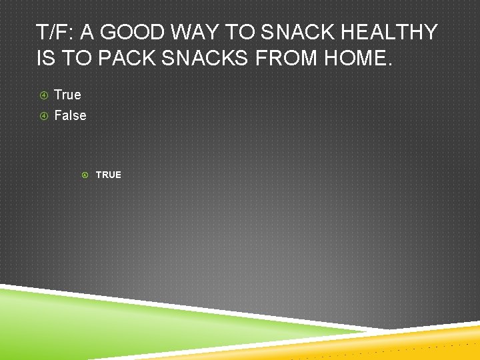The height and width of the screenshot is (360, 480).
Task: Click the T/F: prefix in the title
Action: [55, 32]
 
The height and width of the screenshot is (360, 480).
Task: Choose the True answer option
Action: [67, 95]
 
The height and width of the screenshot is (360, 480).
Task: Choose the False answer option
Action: [70, 115]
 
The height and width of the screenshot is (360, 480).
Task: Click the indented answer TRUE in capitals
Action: [108, 175]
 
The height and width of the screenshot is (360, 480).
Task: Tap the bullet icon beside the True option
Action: [43, 95]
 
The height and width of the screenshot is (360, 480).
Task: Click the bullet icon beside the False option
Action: [43, 116]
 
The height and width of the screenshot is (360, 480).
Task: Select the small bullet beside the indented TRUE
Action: [85, 175]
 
